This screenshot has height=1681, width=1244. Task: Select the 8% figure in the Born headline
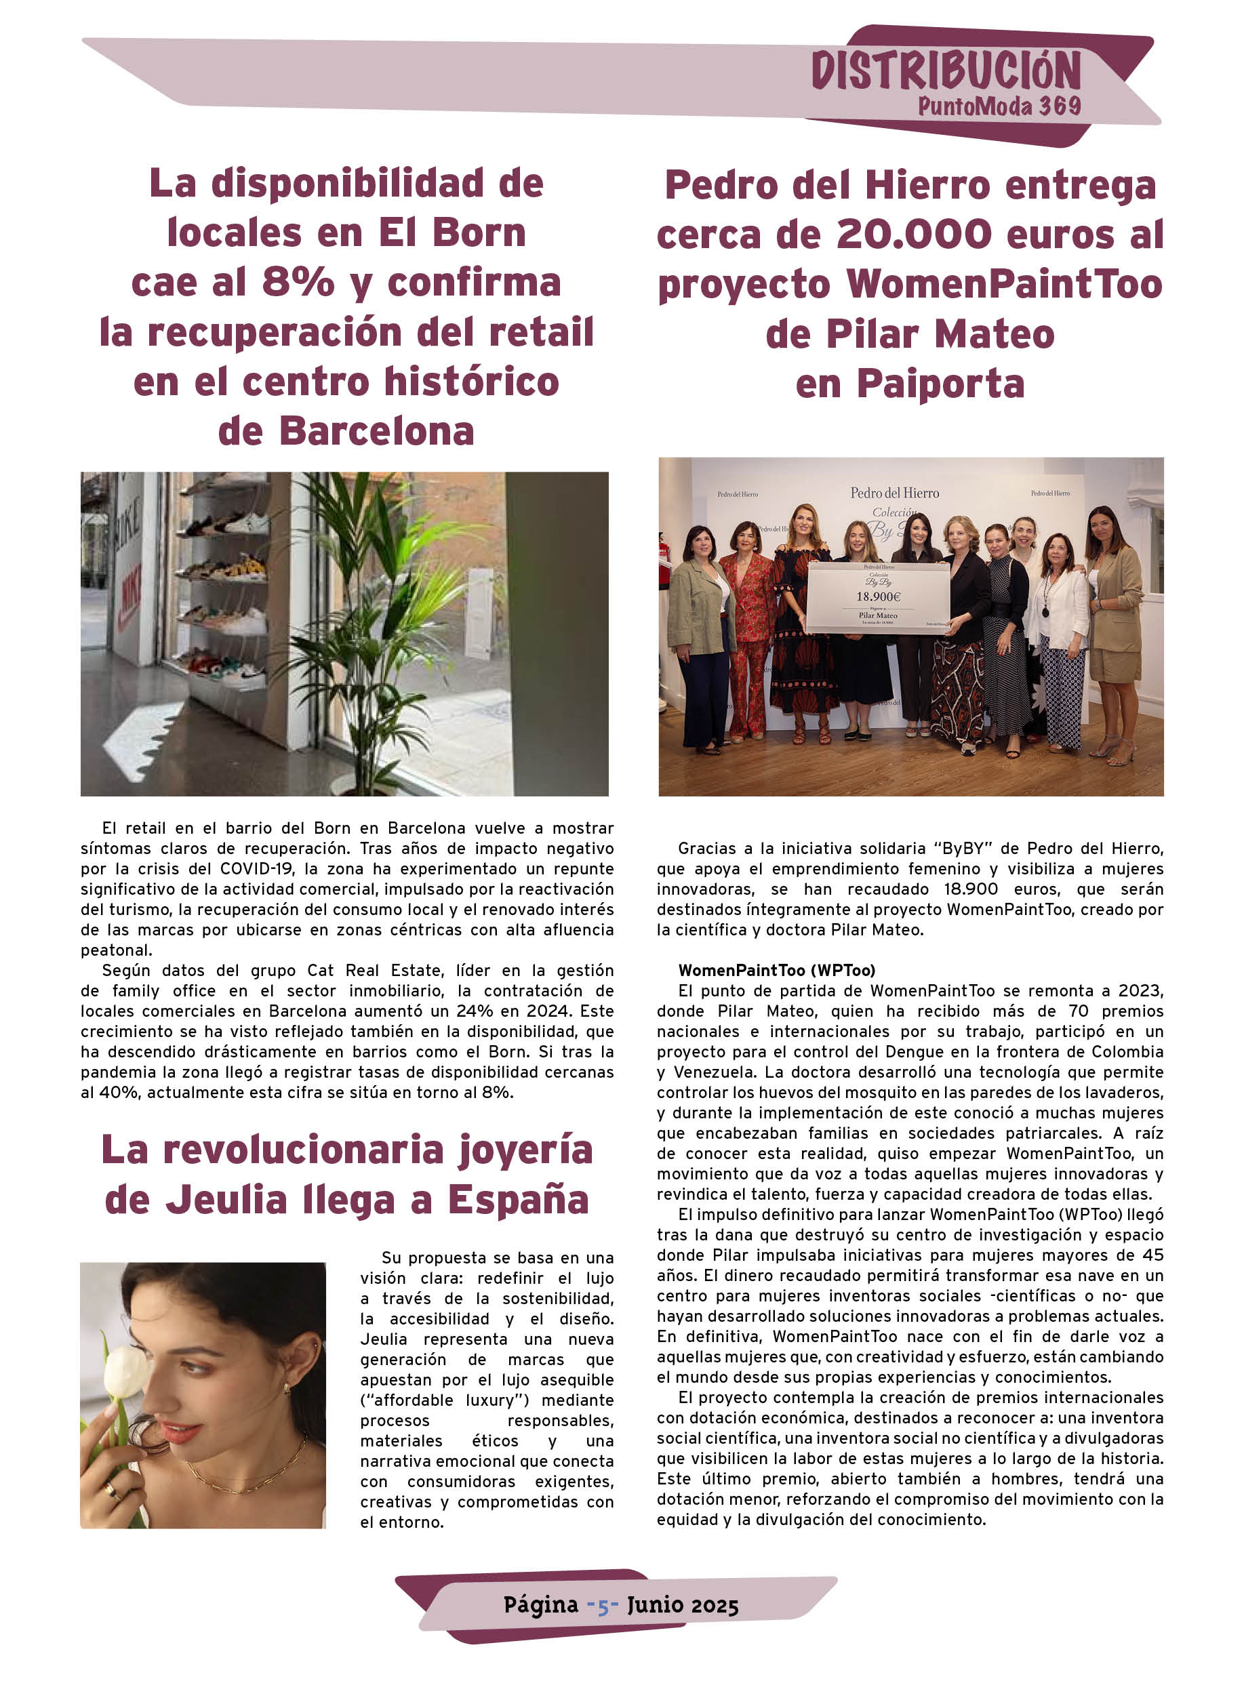tap(298, 282)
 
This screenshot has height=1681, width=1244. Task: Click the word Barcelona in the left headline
tap(376, 431)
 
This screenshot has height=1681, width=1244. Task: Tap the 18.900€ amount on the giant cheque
tap(878, 596)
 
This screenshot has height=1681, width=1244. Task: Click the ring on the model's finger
tap(110, 1489)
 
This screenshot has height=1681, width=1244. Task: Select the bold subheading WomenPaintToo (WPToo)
tap(776, 971)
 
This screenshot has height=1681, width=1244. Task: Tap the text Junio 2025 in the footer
tap(682, 1606)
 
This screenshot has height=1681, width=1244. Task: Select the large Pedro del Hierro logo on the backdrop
tap(895, 493)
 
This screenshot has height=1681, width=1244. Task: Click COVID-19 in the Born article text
tap(258, 869)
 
